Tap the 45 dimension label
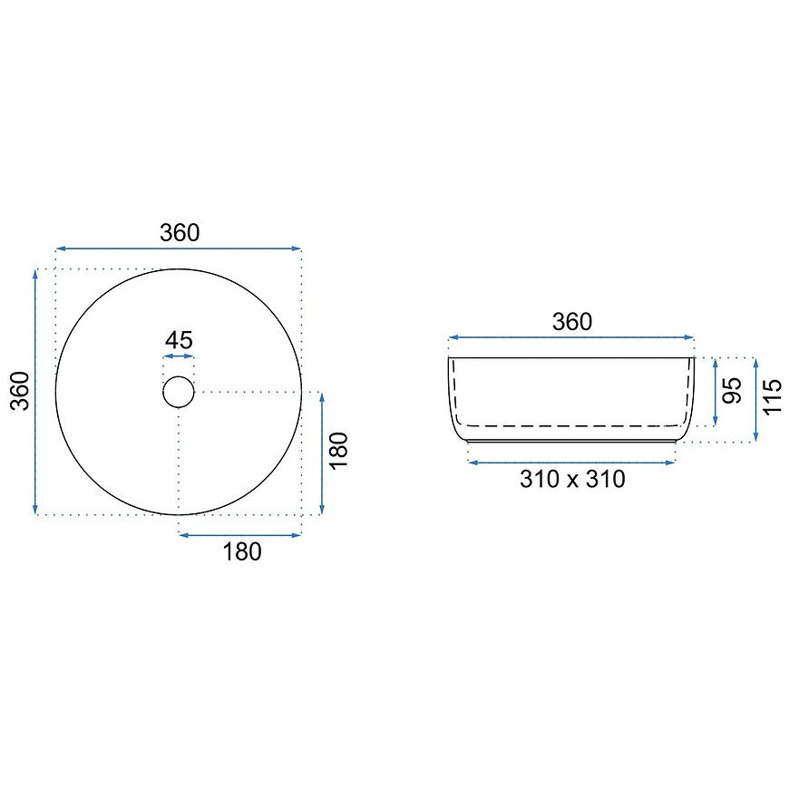pos(179,340)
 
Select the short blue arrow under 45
pos(179,356)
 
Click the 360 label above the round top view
pos(180,232)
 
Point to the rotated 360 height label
pos(21,391)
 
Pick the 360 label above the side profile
pos(572,322)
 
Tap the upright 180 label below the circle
pos(242,552)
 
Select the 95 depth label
pos(732,390)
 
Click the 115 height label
pos(773,397)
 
